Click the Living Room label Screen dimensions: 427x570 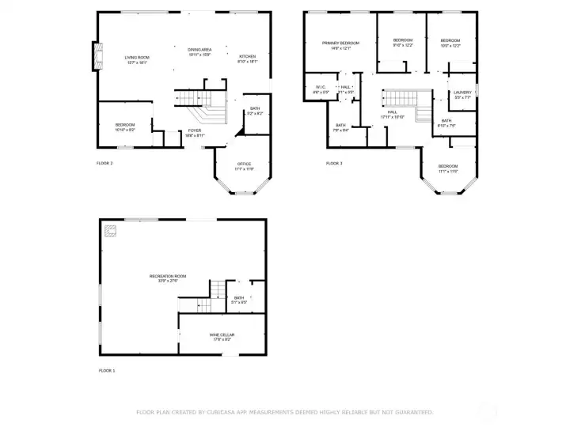[136, 59]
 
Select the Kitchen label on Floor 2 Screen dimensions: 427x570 [248, 59]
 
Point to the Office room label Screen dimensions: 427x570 [244, 166]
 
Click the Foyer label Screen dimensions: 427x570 [195, 133]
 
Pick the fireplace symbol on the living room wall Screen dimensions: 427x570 [97, 56]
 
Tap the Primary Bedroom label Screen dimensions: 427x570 [340, 44]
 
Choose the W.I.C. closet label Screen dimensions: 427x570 [321, 89]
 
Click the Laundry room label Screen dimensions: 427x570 [462, 95]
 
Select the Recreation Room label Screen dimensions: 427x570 [164, 278]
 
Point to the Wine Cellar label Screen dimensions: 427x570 [222, 337]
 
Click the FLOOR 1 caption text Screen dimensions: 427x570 [107, 370]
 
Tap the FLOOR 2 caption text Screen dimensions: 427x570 [104, 163]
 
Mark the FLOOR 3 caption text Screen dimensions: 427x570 [334, 163]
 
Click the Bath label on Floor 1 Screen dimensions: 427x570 [239, 300]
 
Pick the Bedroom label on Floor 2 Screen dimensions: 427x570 [125, 127]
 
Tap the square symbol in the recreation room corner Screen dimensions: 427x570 [110, 230]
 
